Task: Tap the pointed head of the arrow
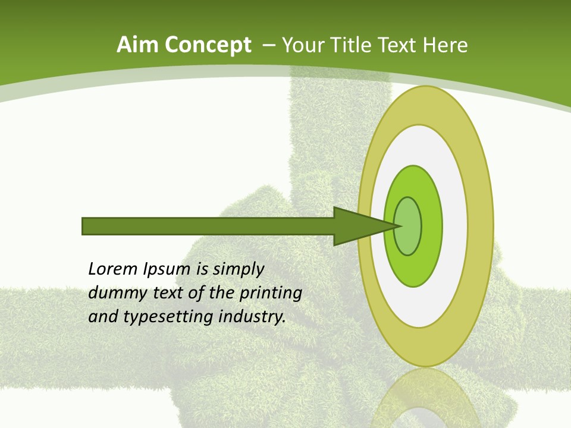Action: point(363,226)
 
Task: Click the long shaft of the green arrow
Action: point(208,226)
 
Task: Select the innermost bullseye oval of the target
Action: point(408,226)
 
